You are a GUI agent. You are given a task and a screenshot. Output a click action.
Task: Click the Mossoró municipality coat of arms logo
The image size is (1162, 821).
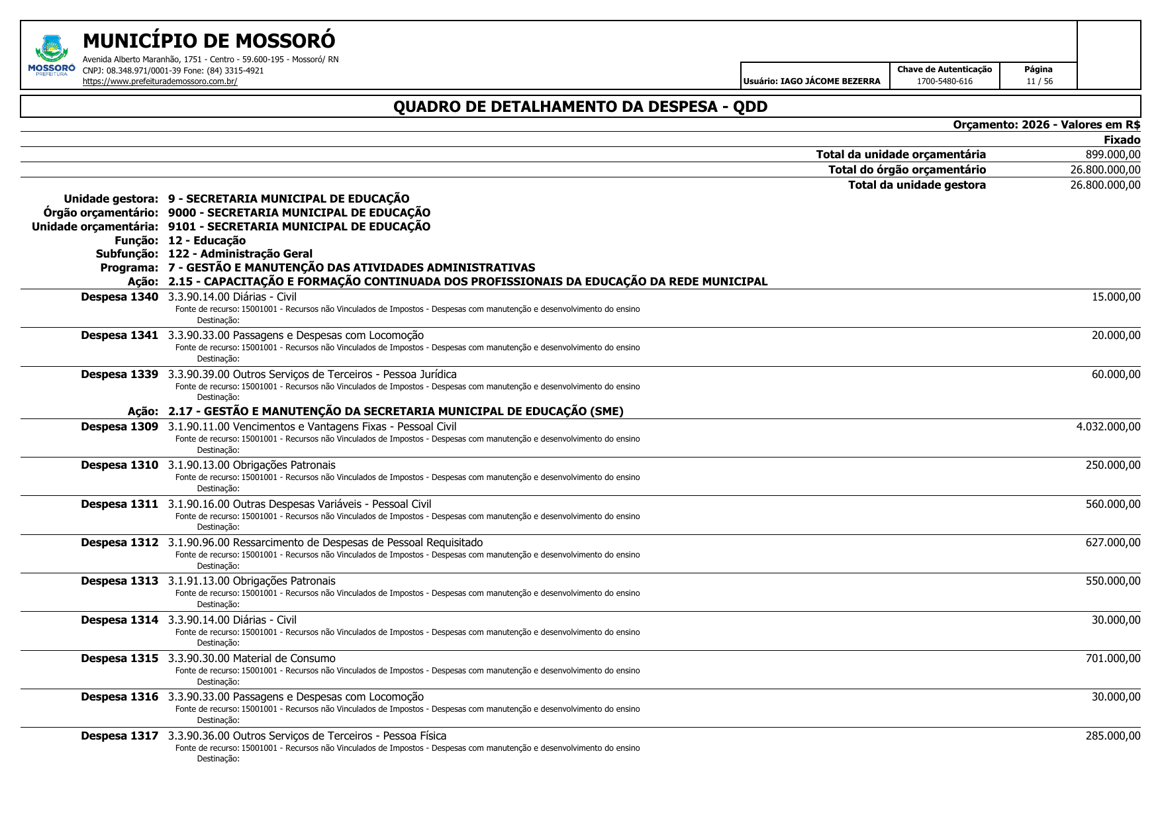52,55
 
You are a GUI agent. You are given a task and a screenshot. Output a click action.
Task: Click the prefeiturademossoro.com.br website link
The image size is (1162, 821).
160,81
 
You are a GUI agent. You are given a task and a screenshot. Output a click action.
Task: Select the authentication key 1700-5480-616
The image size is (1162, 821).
944,81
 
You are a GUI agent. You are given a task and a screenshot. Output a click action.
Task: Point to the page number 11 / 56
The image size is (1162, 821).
1039,81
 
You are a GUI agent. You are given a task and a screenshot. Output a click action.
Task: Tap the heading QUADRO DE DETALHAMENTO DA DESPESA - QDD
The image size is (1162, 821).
580,107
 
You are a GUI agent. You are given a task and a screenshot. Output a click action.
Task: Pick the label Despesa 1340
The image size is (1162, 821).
119,297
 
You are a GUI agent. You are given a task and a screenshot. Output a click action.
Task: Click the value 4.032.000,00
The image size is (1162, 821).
1108,426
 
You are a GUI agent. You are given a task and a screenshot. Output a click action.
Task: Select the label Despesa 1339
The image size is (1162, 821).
119,375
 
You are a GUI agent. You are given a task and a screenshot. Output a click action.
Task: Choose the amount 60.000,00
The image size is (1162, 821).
1116,375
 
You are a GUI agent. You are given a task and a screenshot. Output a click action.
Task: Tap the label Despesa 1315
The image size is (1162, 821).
119,659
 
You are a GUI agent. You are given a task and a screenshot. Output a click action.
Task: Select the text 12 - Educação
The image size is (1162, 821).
207,240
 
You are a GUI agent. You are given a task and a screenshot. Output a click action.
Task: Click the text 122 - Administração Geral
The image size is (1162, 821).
240,254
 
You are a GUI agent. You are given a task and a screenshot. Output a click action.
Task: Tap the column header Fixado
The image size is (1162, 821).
1122,140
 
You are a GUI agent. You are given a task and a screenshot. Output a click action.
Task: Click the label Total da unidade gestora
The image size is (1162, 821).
916,185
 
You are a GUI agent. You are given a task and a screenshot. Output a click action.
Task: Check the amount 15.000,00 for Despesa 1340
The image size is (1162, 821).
1116,297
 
